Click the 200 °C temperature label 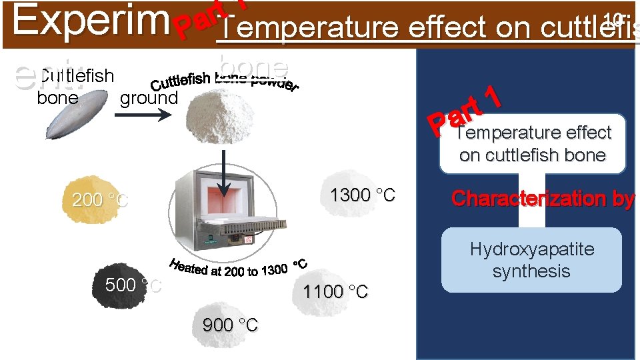pos(100,199)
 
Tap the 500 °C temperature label pos(133,285)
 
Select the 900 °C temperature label pos(230,325)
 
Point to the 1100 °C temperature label pos(335,291)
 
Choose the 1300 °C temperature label pos(363,195)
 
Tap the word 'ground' pos(149,98)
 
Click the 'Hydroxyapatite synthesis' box pos(531,260)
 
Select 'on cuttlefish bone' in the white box pos(532,155)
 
